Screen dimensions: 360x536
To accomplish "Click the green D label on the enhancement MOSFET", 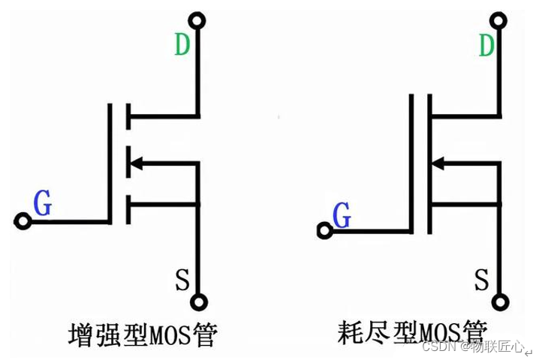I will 182,45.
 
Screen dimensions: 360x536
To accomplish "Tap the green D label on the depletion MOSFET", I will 487,45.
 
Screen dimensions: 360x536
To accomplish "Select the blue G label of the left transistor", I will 43,203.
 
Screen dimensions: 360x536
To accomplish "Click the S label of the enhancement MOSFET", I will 182,280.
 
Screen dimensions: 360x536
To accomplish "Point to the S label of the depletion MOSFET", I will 483,280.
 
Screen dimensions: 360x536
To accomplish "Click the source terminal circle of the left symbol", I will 198,303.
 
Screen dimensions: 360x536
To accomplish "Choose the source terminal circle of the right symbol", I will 499,303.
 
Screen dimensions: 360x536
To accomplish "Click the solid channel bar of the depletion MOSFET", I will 429,163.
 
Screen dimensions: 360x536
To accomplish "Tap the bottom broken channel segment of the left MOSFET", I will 128,208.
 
